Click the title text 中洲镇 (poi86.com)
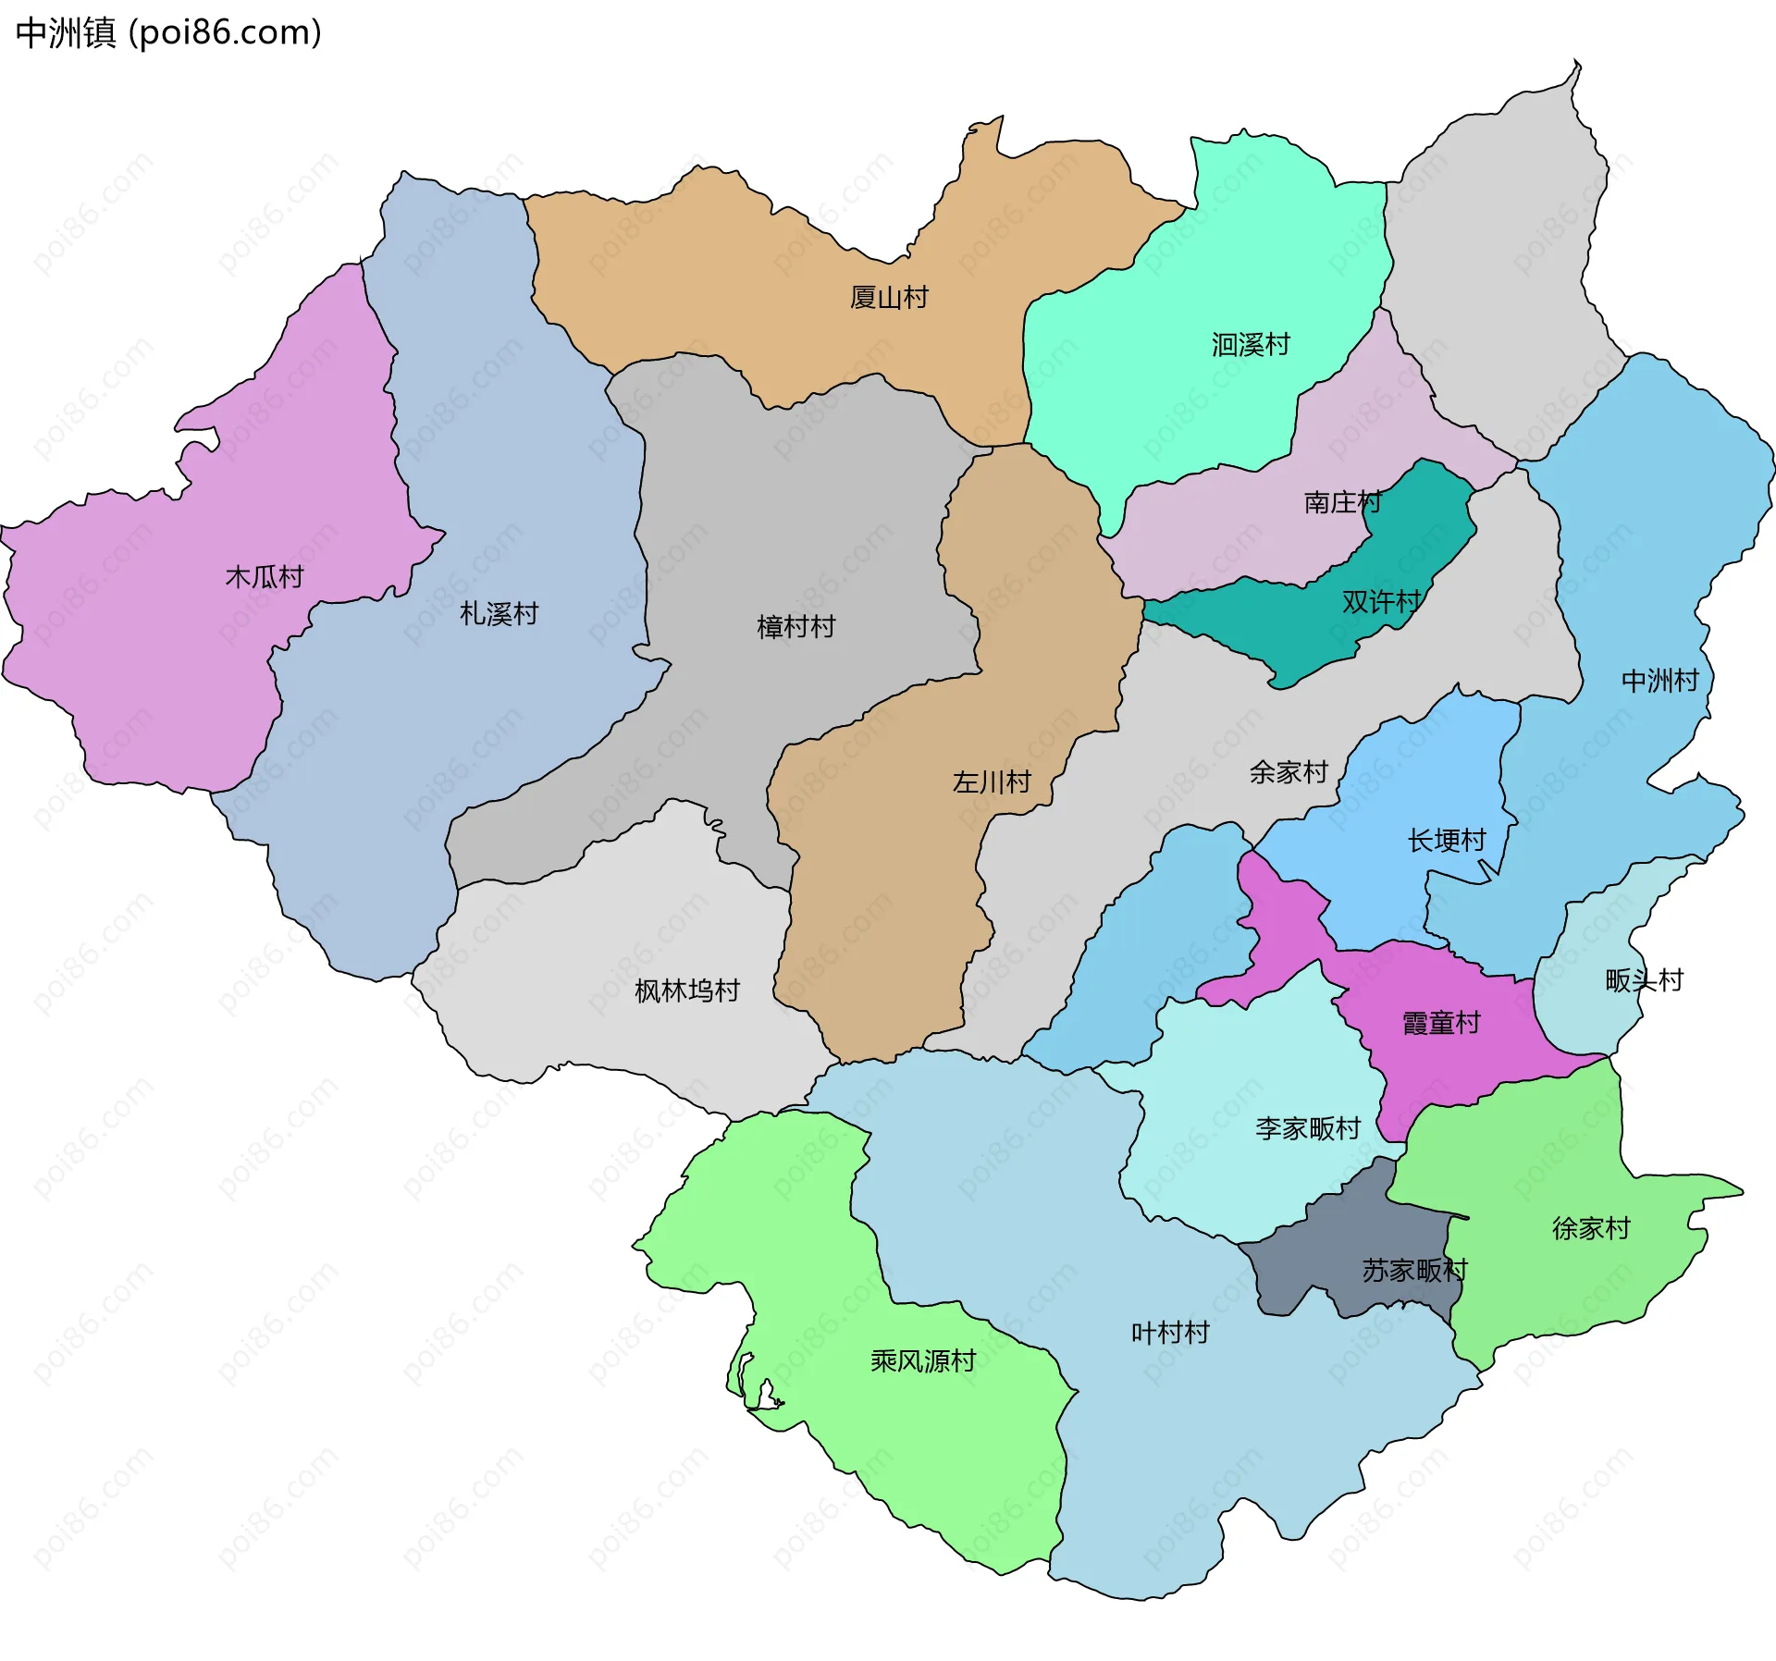(x=168, y=33)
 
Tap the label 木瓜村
(x=265, y=577)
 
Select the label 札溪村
(x=499, y=614)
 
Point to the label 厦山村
(x=889, y=298)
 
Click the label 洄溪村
(x=1251, y=345)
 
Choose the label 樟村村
(x=795, y=627)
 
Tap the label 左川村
(x=992, y=782)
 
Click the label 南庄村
(x=1342, y=502)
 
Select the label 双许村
(x=1381, y=602)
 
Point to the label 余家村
(x=1289, y=772)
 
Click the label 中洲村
(x=1660, y=681)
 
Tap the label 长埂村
(x=1447, y=841)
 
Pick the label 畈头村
(x=1644, y=980)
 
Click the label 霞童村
(x=1441, y=1023)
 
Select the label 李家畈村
(x=1308, y=1128)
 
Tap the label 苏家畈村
(x=1414, y=1271)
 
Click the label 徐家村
(x=1591, y=1228)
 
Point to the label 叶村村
(x=1170, y=1333)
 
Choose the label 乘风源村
(x=923, y=1361)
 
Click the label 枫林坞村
(x=687, y=991)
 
